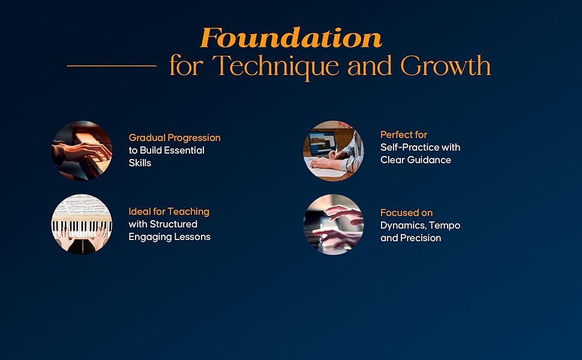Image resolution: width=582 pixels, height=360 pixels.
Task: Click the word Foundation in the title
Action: pyautogui.click(x=291, y=38)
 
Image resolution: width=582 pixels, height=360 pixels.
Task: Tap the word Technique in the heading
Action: pyautogui.click(x=276, y=67)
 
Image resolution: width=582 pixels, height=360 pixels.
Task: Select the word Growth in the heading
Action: pyautogui.click(x=445, y=65)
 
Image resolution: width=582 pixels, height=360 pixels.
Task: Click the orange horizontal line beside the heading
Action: pyautogui.click(x=112, y=65)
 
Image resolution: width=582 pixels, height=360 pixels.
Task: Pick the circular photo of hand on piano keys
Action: pyautogui.click(x=82, y=151)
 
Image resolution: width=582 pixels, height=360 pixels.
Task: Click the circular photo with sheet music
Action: pyautogui.click(x=82, y=224)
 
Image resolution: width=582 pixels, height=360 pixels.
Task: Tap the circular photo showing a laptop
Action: pyautogui.click(x=334, y=151)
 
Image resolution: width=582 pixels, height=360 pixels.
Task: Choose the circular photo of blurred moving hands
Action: pyautogui.click(x=334, y=224)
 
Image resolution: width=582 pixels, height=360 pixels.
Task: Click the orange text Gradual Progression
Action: pyautogui.click(x=175, y=138)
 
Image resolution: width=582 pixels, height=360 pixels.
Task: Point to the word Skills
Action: pyautogui.click(x=140, y=163)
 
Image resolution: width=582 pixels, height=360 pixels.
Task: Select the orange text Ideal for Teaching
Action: pyautogui.click(x=169, y=212)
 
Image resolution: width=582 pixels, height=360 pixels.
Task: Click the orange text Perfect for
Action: pyautogui.click(x=404, y=135)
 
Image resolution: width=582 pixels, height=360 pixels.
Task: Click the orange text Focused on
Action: pyautogui.click(x=406, y=212)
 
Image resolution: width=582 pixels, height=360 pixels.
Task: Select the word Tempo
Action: pyautogui.click(x=445, y=226)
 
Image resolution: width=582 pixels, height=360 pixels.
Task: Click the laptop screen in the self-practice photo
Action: pyautogui.click(x=322, y=143)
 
